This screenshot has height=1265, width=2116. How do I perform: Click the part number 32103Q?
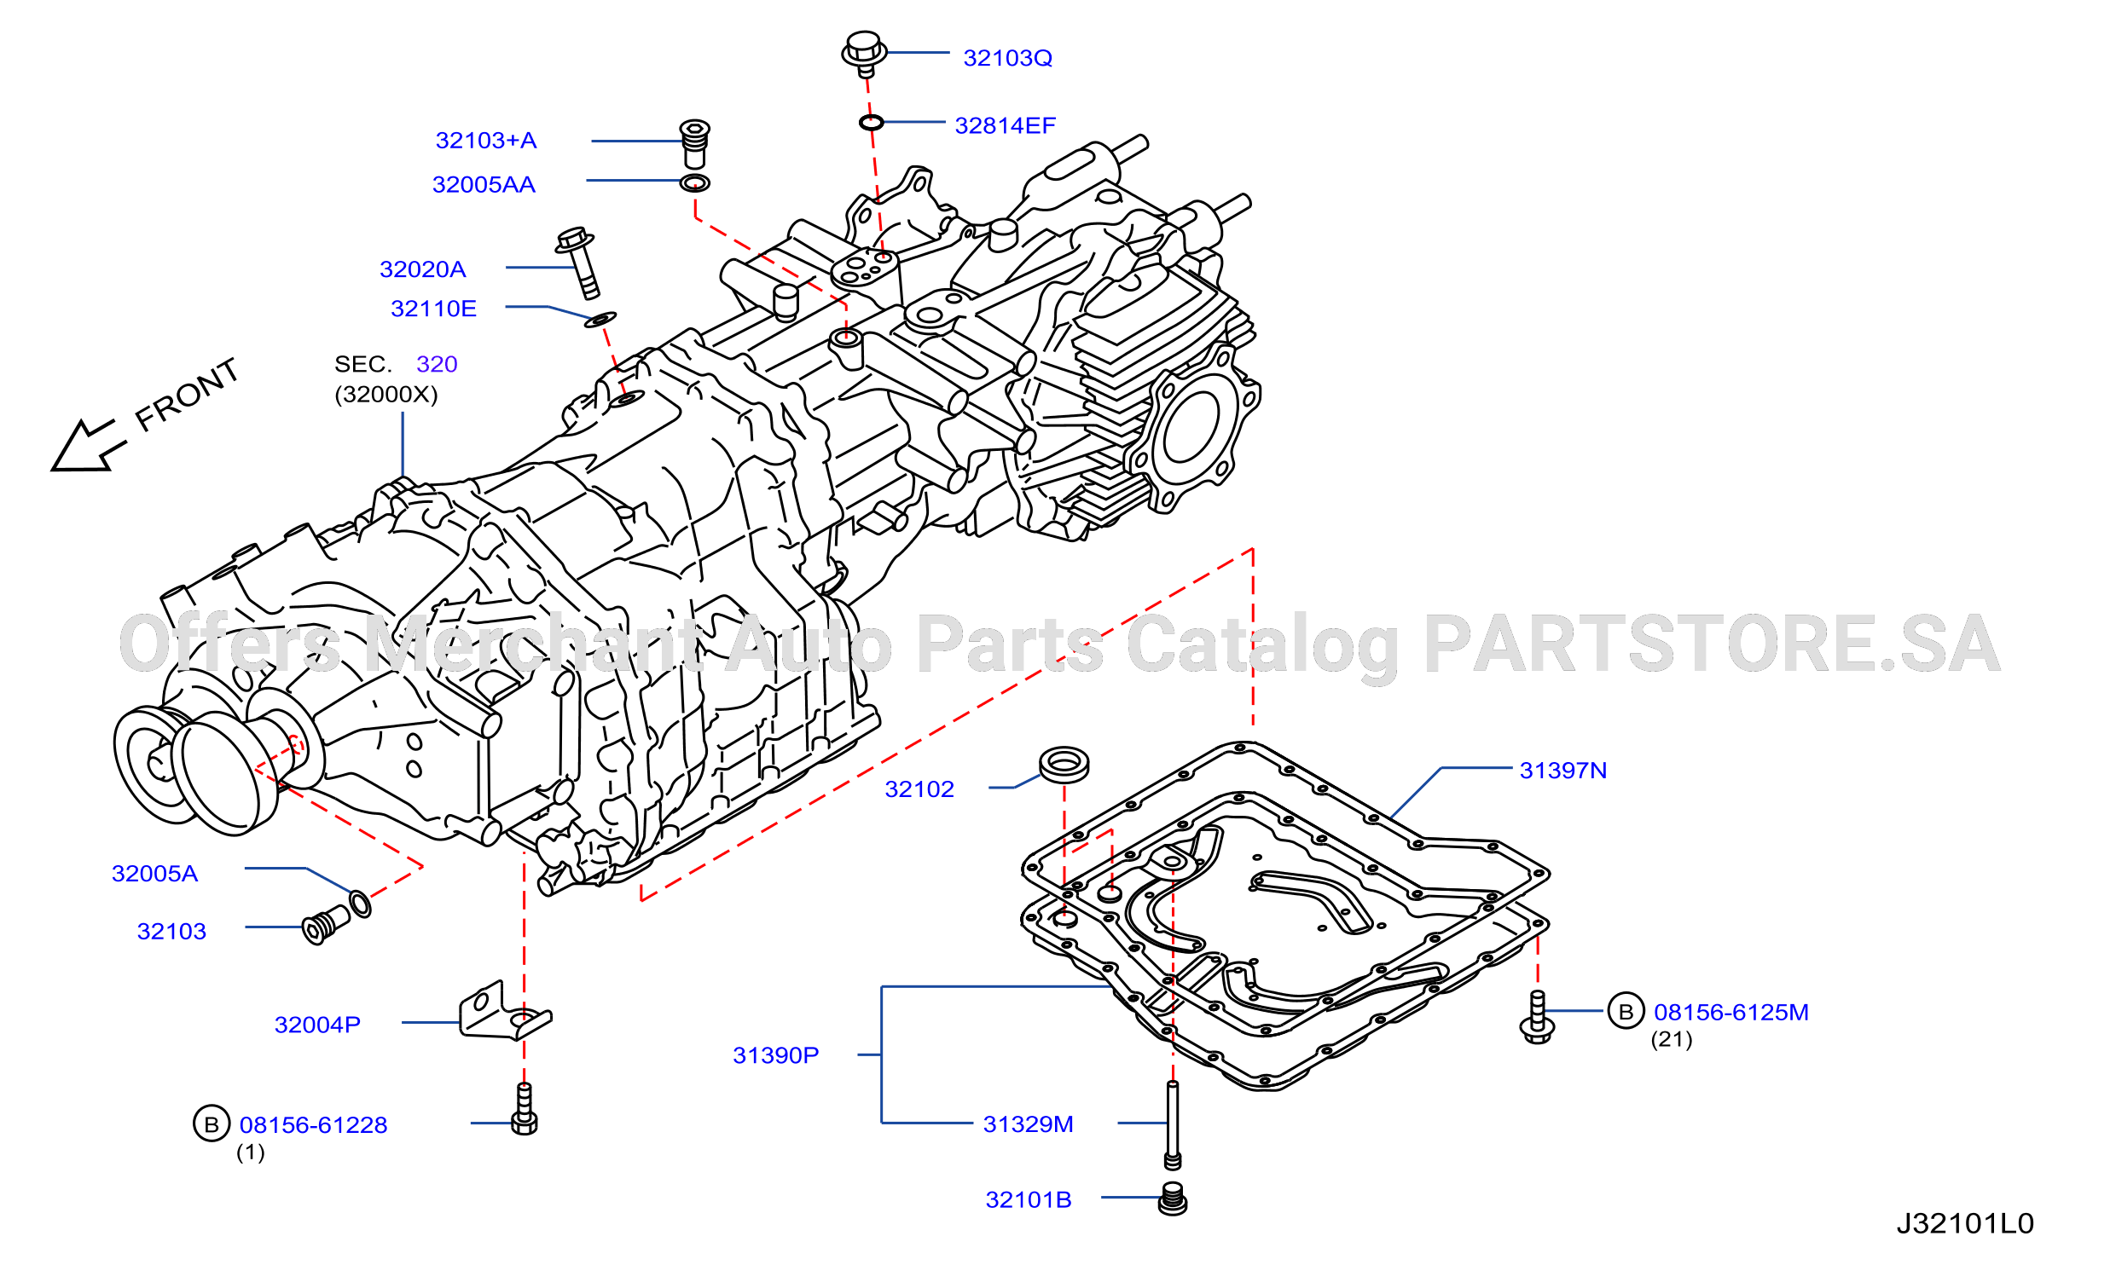(1007, 58)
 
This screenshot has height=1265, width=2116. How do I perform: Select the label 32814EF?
(1005, 126)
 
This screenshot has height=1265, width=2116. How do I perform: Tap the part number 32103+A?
(486, 141)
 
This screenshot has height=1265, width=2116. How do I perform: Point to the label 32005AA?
(484, 185)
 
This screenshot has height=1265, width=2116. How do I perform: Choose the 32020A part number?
(422, 269)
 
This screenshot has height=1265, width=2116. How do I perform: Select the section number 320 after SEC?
(437, 365)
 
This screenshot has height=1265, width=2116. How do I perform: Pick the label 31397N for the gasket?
(1562, 771)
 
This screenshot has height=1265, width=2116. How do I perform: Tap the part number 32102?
(919, 789)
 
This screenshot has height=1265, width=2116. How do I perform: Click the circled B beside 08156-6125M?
(1626, 1011)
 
